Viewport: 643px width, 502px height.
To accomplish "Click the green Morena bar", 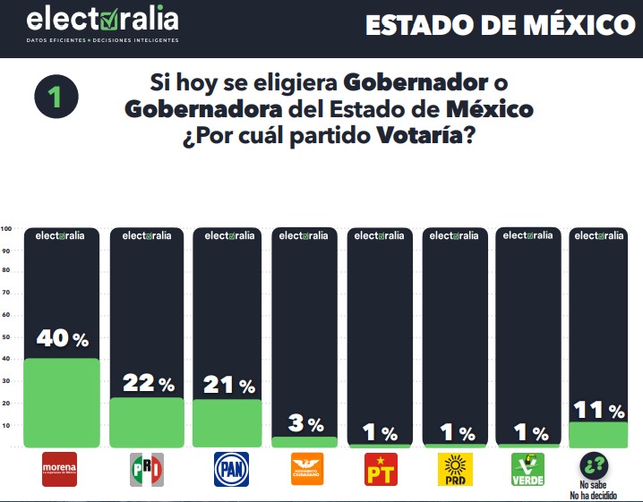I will coord(60,403).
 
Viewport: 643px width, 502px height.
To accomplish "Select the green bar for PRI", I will coord(147,422).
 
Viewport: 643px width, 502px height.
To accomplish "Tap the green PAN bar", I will coord(227,423).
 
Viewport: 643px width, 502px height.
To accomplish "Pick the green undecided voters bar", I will coord(598,435).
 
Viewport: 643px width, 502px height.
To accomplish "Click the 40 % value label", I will coord(62,339).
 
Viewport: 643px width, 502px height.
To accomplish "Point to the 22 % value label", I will coord(148,384).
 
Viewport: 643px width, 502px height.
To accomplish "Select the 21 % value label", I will coord(227,386).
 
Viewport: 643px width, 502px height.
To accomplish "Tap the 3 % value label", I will coord(304,424).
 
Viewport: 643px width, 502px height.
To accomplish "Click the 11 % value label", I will coord(599,411).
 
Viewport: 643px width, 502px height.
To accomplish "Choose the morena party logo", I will coord(61,470).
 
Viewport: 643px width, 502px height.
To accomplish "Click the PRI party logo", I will coord(148,470).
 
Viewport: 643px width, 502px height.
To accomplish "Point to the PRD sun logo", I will coord(454,470).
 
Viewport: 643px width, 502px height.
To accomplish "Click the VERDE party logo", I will coord(527,470).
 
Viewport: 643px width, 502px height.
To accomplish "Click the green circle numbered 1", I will coord(56,98).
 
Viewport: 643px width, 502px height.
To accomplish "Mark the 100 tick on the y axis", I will coord(6,228).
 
